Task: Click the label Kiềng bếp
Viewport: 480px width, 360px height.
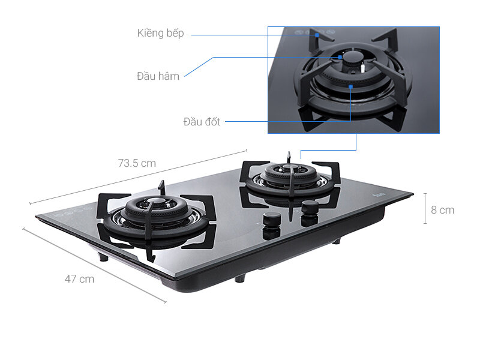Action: pos(160,33)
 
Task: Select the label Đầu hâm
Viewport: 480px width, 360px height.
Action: pos(158,76)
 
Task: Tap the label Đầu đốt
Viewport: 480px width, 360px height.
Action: pos(202,122)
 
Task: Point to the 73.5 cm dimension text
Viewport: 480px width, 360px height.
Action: pos(137,163)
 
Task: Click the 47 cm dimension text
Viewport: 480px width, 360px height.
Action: pos(79,278)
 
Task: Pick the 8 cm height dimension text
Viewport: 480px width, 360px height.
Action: pos(442,210)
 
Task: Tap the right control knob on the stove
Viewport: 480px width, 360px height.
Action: pos(310,208)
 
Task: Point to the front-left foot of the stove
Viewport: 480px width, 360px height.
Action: pos(104,256)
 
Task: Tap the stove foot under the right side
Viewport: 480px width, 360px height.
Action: pos(337,241)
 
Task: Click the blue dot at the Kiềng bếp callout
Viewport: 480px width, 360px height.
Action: pos(317,35)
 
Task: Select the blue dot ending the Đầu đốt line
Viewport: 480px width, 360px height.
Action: pos(350,87)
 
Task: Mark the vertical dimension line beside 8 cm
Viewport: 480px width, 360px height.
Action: pos(425,208)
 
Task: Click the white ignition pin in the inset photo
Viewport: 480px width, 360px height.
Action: pos(362,70)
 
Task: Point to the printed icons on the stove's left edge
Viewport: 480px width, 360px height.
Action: pos(72,211)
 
